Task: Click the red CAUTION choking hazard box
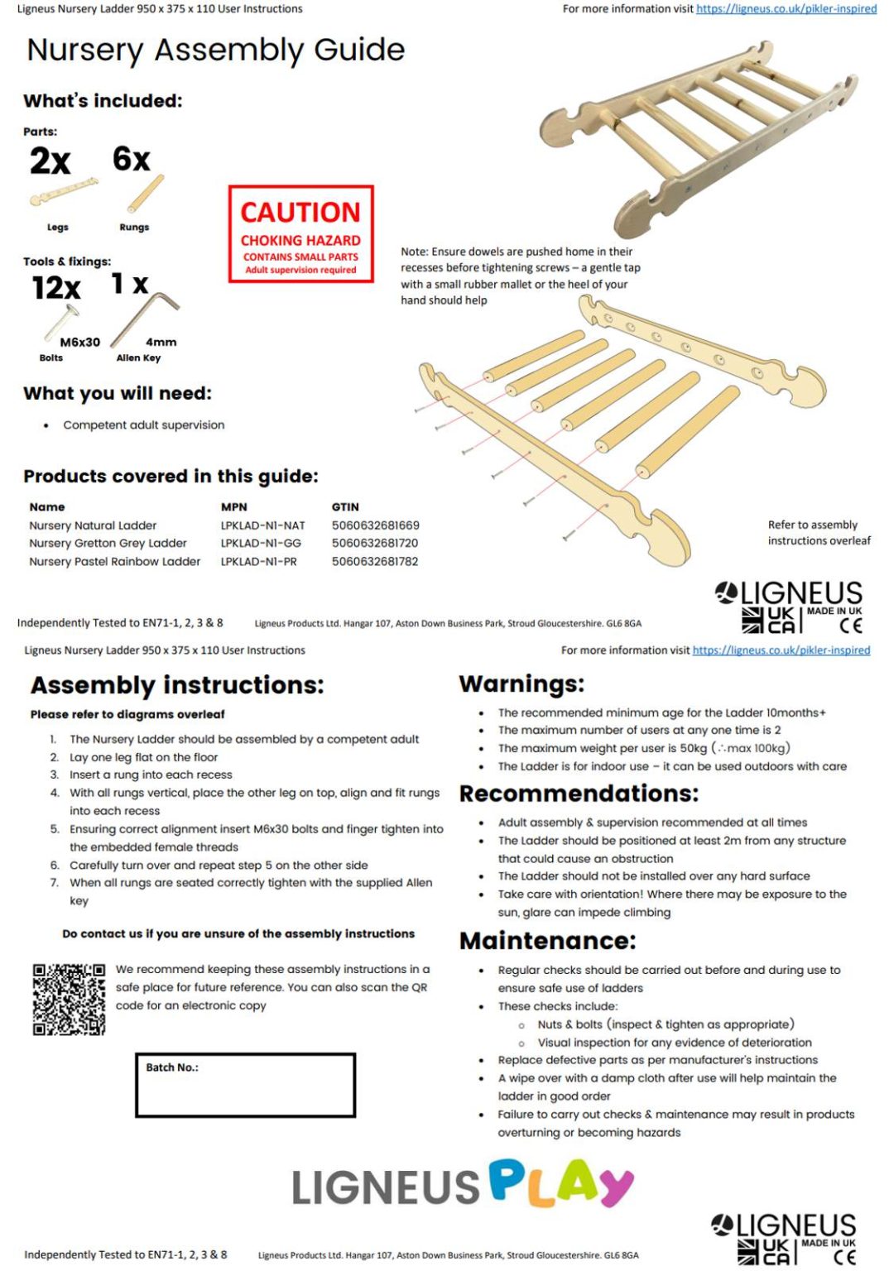coord(300,234)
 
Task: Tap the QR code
coord(69,999)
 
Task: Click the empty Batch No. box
coord(245,1086)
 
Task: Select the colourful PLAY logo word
coord(560,1183)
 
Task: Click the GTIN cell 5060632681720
coord(375,544)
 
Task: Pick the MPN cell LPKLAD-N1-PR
coord(258,562)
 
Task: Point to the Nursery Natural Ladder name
coord(93,525)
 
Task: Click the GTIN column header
coord(345,507)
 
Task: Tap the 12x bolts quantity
coord(56,288)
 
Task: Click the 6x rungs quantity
coord(132,159)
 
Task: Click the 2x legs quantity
coord(50,161)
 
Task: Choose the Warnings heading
coord(521,683)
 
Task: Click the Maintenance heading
coord(547,941)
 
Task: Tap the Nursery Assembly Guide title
coord(216,50)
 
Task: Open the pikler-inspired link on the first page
coord(786,9)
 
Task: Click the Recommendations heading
coord(579,794)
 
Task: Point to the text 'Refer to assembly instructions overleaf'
coord(818,533)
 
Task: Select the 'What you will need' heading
coord(118,393)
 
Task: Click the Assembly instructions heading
coord(177,685)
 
